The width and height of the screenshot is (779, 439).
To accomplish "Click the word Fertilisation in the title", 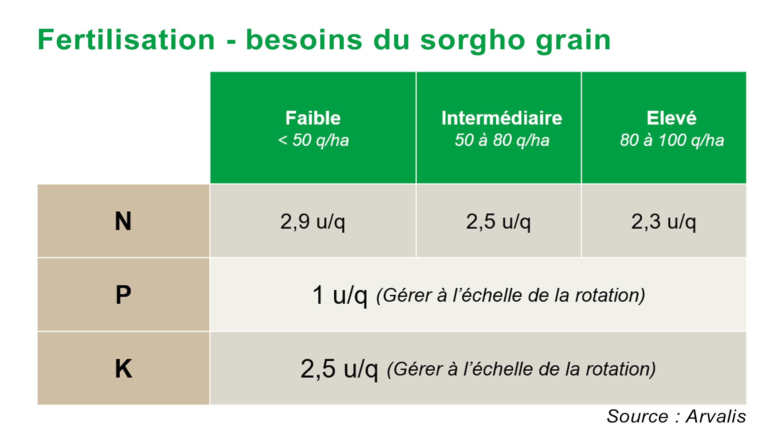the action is (x=126, y=40).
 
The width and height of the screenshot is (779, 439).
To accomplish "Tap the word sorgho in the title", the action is (x=473, y=42).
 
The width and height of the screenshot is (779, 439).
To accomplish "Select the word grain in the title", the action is (x=573, y=42).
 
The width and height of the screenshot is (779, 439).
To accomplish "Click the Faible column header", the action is (x=313, y=118).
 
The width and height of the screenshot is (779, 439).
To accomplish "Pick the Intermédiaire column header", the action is (x=502, y=118).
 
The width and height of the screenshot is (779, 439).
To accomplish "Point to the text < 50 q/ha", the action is (x=313, y=140).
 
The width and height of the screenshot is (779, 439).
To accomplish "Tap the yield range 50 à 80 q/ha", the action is (x=502, y=140).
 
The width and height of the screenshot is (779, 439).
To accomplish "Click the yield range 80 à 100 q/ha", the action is (x=672, y=140).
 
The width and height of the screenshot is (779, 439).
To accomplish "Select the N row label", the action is (x=123, y=221).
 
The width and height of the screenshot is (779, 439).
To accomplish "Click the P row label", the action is (x=123, y=295).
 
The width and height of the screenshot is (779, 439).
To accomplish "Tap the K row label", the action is (x=124, y=369).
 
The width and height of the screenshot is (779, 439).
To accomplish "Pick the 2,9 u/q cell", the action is (x=313, y=222).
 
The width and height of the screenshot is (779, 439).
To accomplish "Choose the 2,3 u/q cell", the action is (x=664, y=222).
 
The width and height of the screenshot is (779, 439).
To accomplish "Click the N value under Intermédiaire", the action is (x=498, y=222).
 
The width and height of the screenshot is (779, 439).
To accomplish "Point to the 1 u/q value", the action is (x=340, y=295).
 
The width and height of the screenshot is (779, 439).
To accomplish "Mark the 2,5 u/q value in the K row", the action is (x=339, y=369).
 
